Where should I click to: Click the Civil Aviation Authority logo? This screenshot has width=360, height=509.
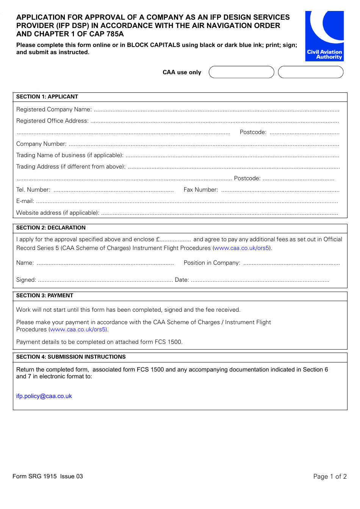point(324,36)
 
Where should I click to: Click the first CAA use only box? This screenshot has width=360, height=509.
point(241,72)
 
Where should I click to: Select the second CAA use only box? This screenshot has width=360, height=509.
point(310,72)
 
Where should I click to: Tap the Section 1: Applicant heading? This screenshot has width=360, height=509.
point(47,97)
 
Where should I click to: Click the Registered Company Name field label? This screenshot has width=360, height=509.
point(54,109)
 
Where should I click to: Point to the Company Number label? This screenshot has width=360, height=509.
point(41,144)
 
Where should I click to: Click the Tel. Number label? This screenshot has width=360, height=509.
point(33,190)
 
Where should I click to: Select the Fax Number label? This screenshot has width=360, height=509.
point(200,190)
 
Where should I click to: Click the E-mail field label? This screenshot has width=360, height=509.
point(25,201)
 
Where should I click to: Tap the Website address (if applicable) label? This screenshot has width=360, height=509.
point(58,213)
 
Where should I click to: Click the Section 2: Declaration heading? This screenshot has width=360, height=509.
point(51,228)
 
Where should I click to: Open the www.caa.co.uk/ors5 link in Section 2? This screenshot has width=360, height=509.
point(241,248)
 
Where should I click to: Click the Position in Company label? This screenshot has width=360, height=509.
point(211,263)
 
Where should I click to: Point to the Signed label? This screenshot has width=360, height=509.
point(26,280)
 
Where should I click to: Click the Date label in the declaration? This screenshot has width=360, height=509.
point(182,280)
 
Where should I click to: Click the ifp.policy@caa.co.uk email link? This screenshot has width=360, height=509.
point(44,396)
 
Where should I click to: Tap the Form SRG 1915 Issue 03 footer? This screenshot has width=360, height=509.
point(47,476)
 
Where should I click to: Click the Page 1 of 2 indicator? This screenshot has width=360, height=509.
point(330,476)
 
